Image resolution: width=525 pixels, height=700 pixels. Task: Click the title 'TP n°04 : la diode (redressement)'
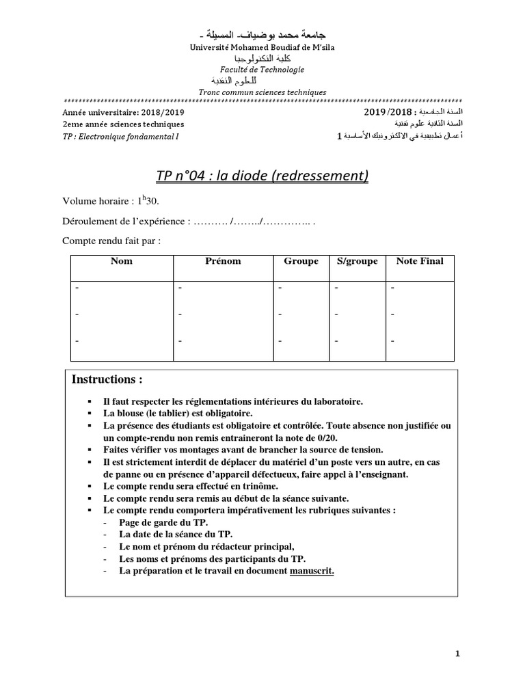tap(262, 176)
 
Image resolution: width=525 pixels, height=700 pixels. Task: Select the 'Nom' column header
tap(122, 261)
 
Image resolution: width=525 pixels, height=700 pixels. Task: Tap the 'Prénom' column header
tap(223, 261)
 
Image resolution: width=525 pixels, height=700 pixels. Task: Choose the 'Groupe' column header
tap(301, 261)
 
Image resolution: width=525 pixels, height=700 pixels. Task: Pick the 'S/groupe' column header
tap(358, 261)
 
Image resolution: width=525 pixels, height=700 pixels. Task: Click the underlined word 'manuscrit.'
tap(312, 571)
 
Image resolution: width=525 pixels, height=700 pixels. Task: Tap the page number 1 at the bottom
tap(458, 654)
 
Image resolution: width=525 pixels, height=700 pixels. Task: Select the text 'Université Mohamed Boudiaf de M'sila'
tap(262, 46)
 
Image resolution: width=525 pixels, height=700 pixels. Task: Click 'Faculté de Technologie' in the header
tap(262, 70)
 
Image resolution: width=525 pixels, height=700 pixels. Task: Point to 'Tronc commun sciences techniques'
tap(262, 92)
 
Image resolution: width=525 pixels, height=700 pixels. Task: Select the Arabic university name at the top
tap(262, 34)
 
